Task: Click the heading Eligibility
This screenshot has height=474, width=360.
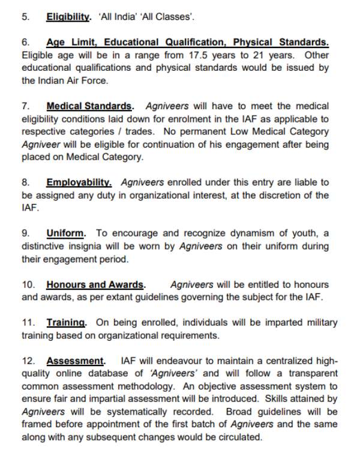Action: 68,17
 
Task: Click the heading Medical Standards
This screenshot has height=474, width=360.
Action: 89,106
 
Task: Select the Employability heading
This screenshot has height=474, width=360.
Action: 79,182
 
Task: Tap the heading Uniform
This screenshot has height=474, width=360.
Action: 66,233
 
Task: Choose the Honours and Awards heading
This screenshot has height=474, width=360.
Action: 95,284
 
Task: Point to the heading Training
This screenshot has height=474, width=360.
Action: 66,323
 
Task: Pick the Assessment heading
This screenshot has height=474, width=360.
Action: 76,361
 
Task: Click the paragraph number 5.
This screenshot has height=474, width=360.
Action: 25,17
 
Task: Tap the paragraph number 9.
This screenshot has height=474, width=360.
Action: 25,233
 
